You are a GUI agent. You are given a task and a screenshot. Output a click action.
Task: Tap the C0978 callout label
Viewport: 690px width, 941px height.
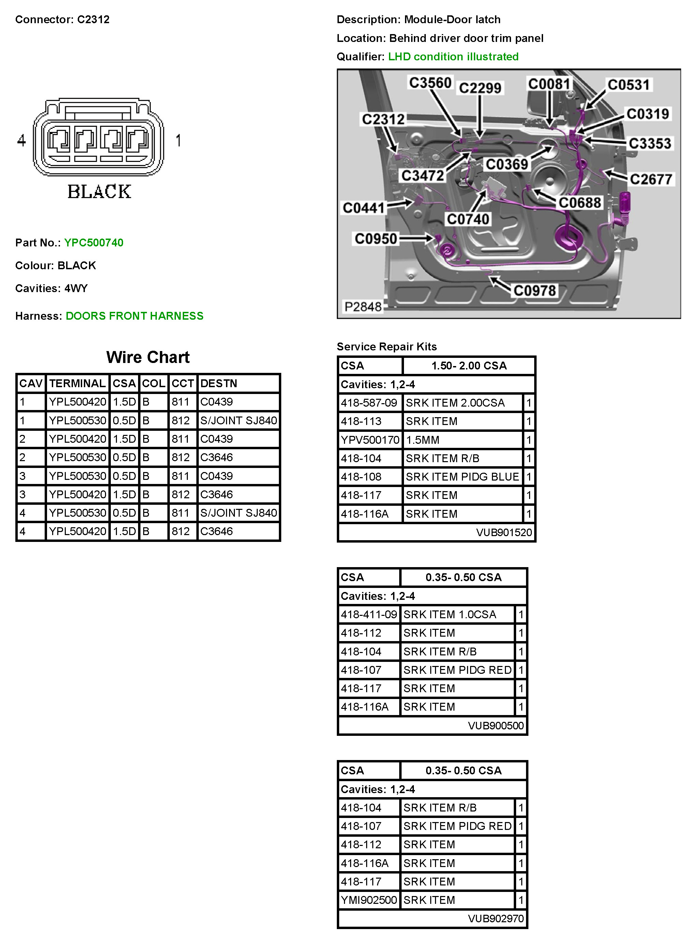pyautogui.click(x=534, y=291)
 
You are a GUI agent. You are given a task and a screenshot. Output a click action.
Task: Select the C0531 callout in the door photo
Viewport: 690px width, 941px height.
pyautogui.click(x=628, y=85)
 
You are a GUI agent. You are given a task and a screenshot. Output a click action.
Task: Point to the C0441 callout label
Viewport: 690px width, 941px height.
pyautogui.click(x=363, y=208)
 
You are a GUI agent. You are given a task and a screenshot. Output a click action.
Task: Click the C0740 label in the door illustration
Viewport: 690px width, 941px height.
pyautogui.click(x=468, y=219)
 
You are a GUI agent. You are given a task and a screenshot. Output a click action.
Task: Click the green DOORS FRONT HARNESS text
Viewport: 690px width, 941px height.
pyautogui.click(x=135, y=316)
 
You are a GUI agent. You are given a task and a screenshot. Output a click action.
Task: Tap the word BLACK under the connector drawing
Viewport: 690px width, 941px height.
pyautogui.click(x=100, y=192)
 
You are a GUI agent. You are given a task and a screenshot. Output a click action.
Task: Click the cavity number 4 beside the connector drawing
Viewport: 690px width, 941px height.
pyautogui.click(x=21, y=141)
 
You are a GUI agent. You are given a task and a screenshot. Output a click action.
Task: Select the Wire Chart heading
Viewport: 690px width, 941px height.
pyautogui.click(x=148, y=358)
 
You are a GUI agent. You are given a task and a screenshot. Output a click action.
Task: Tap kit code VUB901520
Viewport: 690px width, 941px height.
pyautogui.click(x=504, y=533)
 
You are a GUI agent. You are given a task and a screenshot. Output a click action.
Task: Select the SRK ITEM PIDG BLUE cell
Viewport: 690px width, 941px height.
pyautogui.click(x=462, y=477)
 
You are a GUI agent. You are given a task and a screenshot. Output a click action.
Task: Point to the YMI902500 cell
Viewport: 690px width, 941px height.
pyautogui.click(x=369, y=900)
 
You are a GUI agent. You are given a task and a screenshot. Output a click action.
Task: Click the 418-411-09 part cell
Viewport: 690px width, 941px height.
pyautogui.click(x=369, y=614)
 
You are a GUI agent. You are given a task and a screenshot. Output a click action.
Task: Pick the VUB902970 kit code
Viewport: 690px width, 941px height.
pyautogui.click(x=495, y=919)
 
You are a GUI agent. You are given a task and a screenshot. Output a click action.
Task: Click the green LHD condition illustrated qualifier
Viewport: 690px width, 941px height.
pyautogui.click(x=453, y=57)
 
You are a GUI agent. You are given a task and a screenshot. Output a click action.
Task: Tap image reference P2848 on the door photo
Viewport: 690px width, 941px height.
pyautogui.click(x=362, y=307)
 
